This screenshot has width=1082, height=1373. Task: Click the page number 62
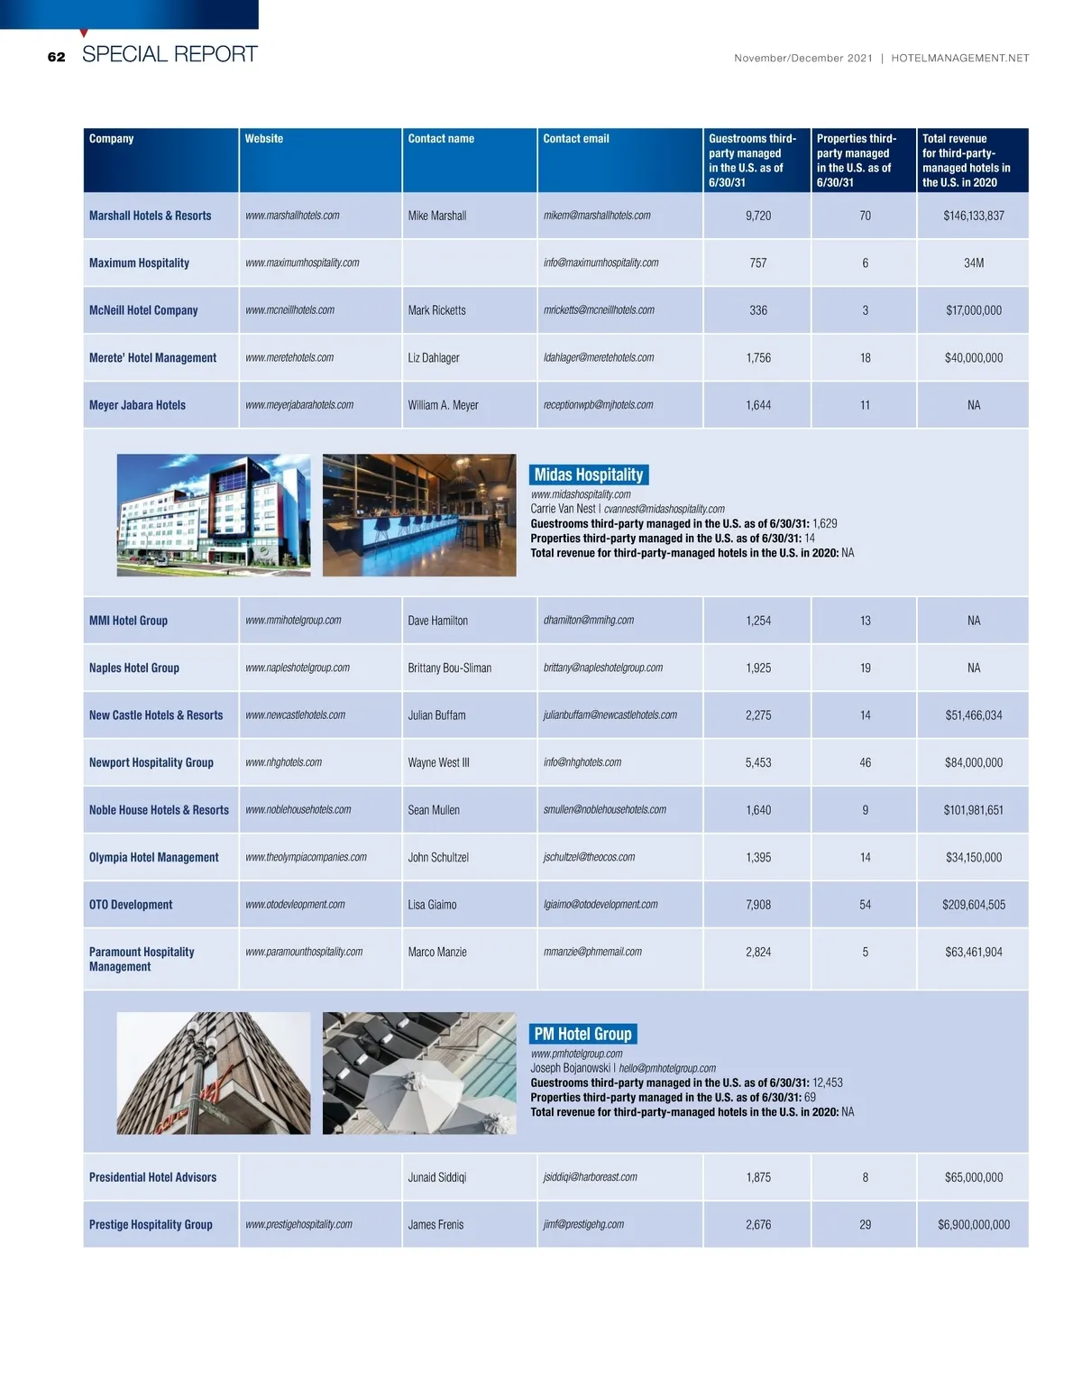coord(57,57)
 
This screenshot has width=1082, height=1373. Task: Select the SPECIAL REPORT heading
coord(170,54)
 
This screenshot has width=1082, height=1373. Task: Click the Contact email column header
coord(575,139)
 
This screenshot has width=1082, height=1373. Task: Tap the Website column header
coord(263,139)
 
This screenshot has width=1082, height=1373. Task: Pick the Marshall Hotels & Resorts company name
coord(150,216)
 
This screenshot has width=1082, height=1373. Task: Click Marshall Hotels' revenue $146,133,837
coord(973,216)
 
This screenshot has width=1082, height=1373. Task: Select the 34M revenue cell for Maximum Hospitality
coord(973,263)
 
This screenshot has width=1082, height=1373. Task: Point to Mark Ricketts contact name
coord(436,310)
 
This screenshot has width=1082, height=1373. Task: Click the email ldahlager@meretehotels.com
coord(598,358)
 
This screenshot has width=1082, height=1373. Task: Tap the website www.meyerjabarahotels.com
coord(298,405)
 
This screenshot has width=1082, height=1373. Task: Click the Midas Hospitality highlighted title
coord(589,475)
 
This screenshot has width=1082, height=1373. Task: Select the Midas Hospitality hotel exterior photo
coord(214,515)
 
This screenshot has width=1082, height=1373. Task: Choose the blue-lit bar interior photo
coord(419,515)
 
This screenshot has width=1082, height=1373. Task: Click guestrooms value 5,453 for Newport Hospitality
coord(758,762)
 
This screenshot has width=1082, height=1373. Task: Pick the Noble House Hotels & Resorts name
coord(159,810)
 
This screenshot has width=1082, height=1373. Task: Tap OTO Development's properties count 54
coord(865,905)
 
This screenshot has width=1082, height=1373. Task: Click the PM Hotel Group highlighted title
coord(582,1034)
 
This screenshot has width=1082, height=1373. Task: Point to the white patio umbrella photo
coord(419,1074)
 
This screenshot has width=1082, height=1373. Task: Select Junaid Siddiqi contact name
coord(436,1177)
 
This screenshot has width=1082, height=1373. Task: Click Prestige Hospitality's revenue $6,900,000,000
coord(973,1225)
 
